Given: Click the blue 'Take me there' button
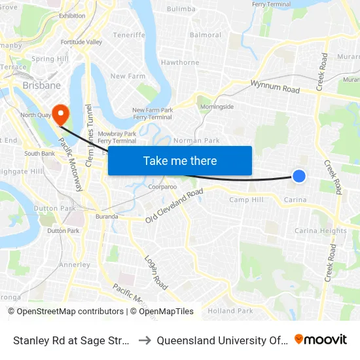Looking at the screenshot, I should (x=180, y=160).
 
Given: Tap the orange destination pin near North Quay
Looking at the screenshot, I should (x=61, y=114).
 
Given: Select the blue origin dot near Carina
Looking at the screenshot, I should (x=298, y=175).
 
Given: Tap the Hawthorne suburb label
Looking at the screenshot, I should (x=180, y=63).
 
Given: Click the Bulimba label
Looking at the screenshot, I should (x=181, y=9).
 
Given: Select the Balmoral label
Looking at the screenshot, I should (x=205, y=35).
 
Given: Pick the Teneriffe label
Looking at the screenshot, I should (x=128, y=35).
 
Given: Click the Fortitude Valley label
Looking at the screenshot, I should (x=81, y=43).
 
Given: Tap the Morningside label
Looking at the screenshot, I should (x=217, y=107).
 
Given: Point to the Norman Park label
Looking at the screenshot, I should (x=196, y=141).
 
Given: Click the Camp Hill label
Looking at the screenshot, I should (x=246, y=200).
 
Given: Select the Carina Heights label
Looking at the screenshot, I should (x=321, y=231).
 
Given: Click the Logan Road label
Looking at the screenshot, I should (x=156, y=272).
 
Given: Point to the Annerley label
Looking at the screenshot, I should (x=75, y=265).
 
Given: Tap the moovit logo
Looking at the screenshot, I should (x=321, y=339).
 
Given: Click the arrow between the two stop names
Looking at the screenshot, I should (x=145, y=340).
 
